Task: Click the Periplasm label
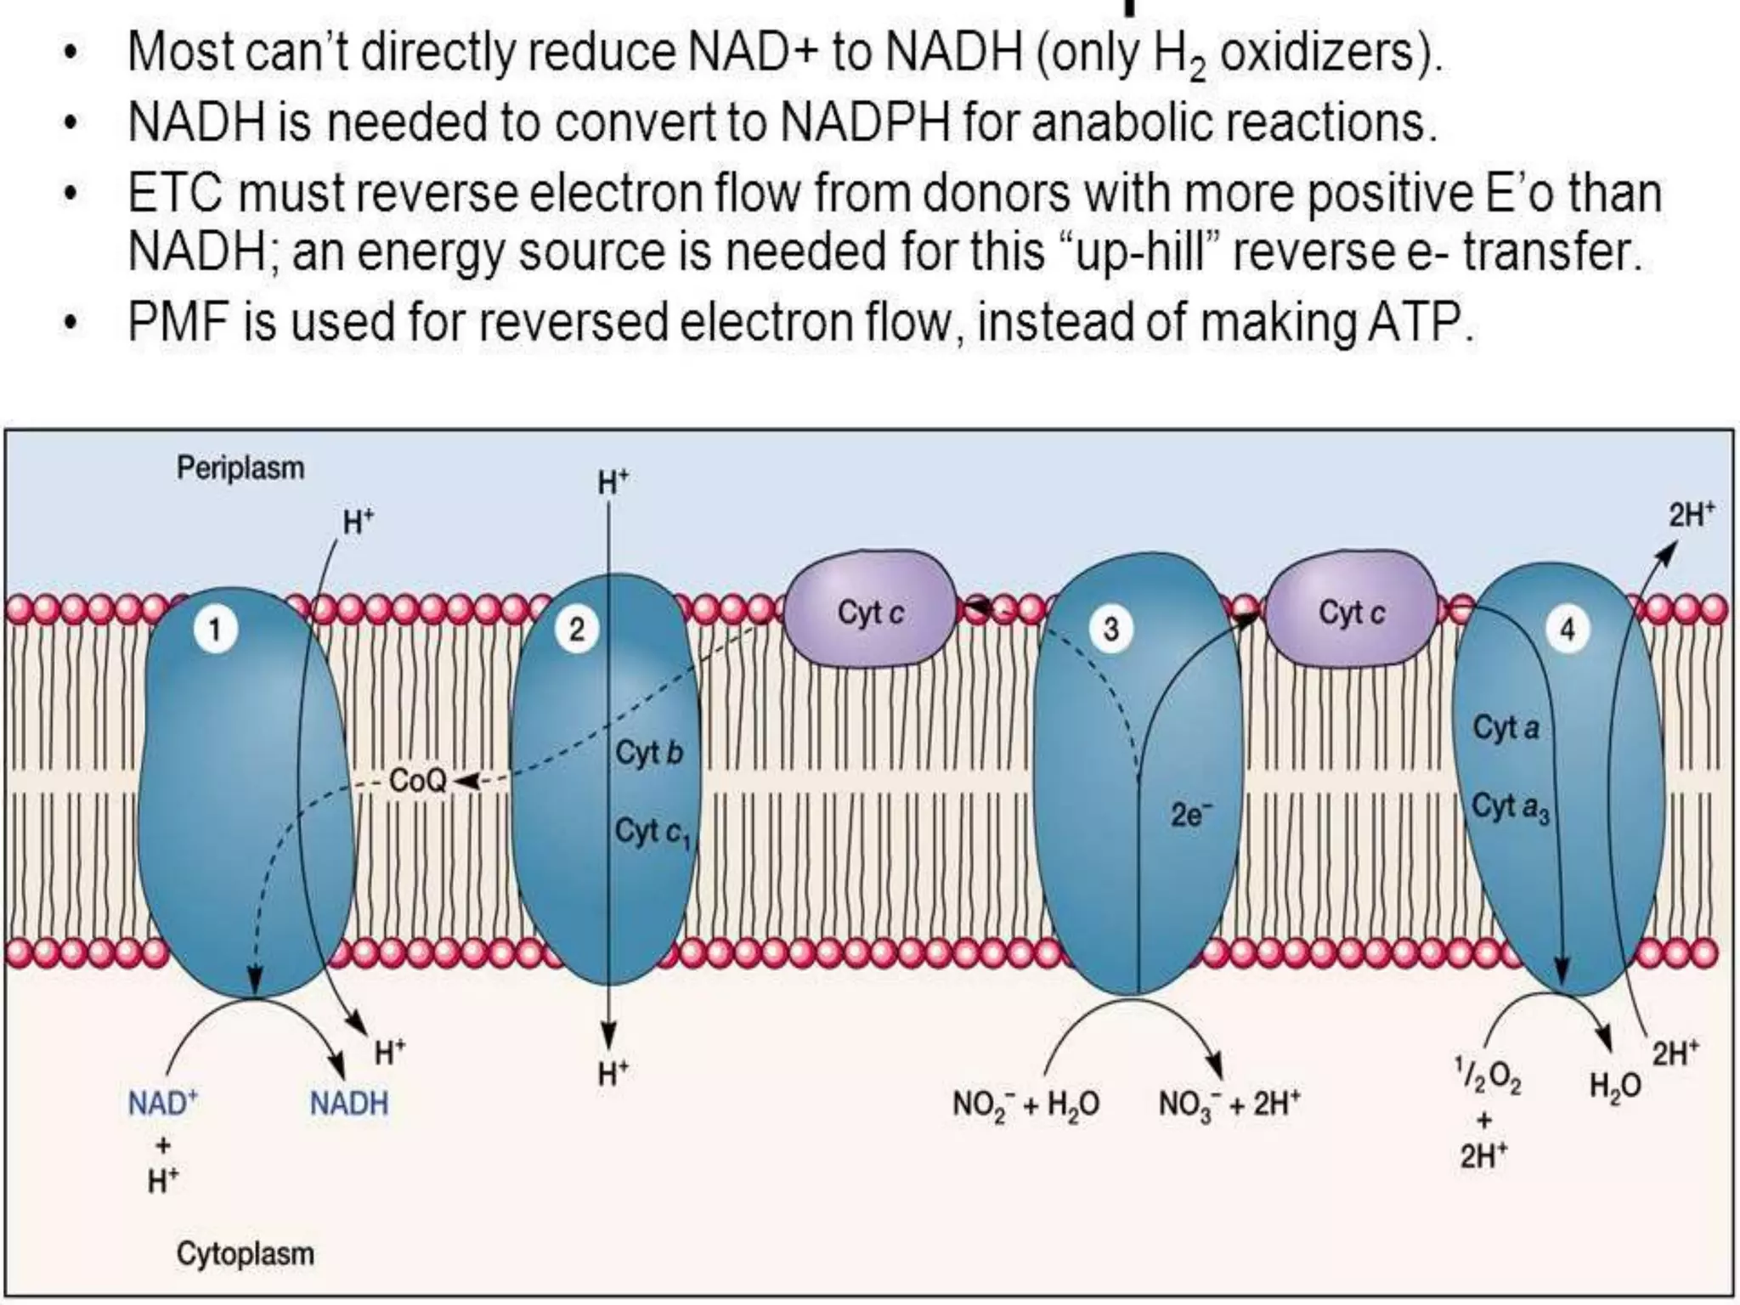(x=240, y=468)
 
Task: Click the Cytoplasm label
(x=245, y=1254)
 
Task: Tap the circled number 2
(x=577, y=630)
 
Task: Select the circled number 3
(x=1110, y=630)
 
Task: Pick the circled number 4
(x=1568, y=630)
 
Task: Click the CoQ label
(x=417, y=781)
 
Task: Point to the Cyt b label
(x=649, y=753)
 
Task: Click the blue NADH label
(x=348, y=1104)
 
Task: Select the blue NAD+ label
(x=162, y=1104)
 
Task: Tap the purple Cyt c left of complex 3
(x=870, y=613)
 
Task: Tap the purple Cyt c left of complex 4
(x=1351, y=613)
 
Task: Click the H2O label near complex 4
(x=1615, y=1087)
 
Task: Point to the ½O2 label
(x=1487, y=1076)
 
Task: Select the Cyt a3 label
(x=1511, y=806)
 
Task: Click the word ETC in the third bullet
(x=175, y=194)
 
